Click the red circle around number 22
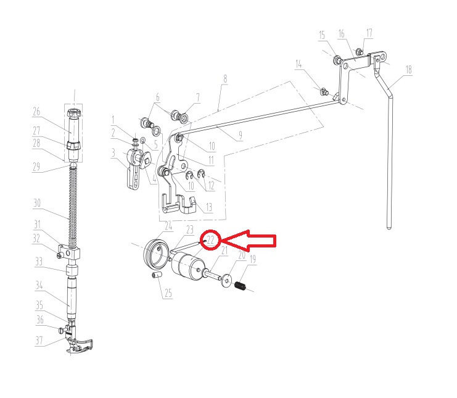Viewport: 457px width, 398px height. click(x=211, y=231)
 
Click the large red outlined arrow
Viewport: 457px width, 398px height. click(x=249, y=240)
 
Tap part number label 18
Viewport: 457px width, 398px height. click(x=409, y=70)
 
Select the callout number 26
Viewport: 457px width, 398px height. click(x=36, y=112)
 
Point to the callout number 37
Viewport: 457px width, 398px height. click(x=39, y=340)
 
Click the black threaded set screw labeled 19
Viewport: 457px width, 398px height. click(x=240, y=286)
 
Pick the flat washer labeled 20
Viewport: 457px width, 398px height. click(x=226, y=281)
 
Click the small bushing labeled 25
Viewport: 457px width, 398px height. click(x=157, y=275)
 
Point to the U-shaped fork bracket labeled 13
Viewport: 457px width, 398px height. click(x=178, y=205)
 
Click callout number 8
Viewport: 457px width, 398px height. click(x=224, y=79)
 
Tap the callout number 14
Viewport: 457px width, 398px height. click(x=298, y=64)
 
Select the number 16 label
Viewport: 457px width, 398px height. click(x=341, y=34)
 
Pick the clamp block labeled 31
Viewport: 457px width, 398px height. click(x=70, y=252)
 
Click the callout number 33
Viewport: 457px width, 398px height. click(x=39, y=262)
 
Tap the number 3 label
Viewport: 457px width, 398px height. click(x=113, y=153)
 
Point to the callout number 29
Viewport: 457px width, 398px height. click(x=36, y=167)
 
